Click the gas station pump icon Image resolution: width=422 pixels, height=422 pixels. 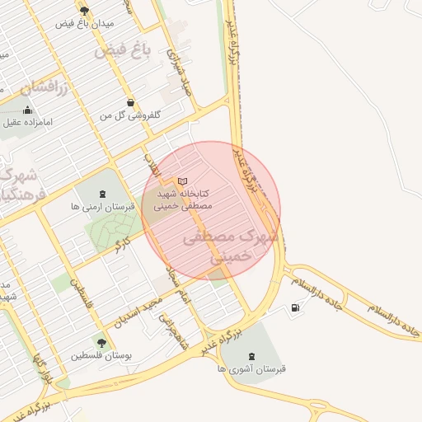(295, 308)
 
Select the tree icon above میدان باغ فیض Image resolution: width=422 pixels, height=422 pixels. (84, 10)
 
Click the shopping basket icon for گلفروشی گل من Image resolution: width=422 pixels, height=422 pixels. (130, 103)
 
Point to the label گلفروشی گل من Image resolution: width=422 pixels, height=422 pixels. (129, 116)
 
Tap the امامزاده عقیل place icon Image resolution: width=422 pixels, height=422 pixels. (30, 110)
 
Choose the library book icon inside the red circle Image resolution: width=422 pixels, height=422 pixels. (183, 181)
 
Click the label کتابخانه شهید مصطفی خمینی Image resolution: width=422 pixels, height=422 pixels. (184, 199)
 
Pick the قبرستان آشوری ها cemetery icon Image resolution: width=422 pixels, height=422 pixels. (251, 356)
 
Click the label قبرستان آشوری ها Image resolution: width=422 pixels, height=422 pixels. (251, 369)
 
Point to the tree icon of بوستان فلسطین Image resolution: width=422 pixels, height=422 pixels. (101, 343)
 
